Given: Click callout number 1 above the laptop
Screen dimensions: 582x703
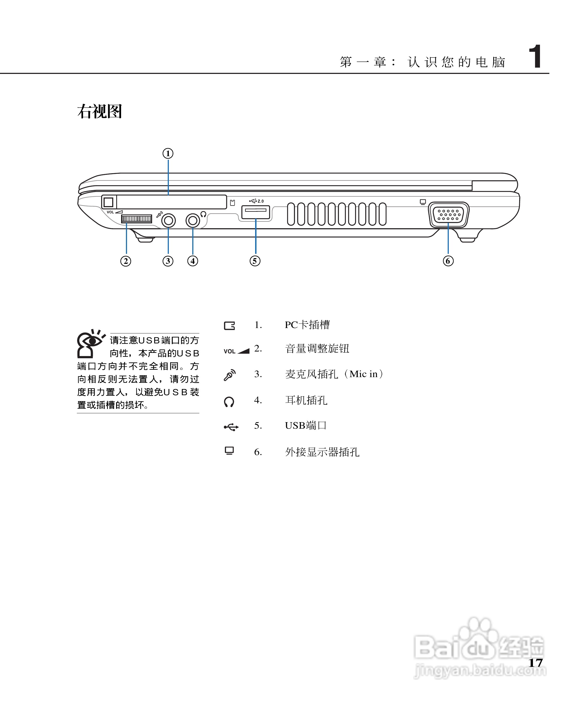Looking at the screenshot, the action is coord(168,154).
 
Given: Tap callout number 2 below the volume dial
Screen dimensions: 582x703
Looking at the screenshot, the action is coord(126,261).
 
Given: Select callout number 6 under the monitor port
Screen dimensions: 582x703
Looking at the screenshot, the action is coord(448,261).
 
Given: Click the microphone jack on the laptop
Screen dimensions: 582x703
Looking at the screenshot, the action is coord(168,220).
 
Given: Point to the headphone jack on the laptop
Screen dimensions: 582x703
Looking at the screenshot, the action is coord(193,220).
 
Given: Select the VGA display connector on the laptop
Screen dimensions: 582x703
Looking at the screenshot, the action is coord(449,214).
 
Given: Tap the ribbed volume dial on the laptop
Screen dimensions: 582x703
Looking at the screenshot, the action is coord(136,219).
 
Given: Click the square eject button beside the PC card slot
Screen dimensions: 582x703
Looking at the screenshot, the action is coord(109,202).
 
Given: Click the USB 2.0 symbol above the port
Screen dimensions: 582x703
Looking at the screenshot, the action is coord(256,201).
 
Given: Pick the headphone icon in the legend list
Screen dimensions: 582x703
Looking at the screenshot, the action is coord(229,402).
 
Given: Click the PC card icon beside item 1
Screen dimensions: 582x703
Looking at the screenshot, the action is coord(229,326).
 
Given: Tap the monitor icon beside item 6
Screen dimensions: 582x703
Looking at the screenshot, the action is coord(229,451).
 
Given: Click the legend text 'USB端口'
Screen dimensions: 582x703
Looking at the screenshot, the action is coord(306,425).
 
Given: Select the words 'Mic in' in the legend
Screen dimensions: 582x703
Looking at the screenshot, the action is coord(364,374).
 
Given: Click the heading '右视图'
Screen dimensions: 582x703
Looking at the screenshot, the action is coord(100,111).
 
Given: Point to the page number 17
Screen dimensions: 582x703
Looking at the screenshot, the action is coord(535,663).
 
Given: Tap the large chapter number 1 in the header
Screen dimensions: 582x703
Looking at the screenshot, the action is coord(535,56).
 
